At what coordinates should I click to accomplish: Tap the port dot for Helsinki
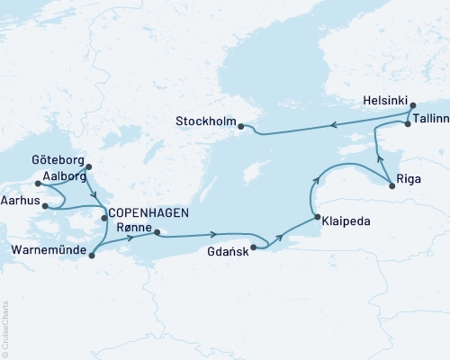(x=413, y=106)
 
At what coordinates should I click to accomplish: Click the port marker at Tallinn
(x=408, y=124)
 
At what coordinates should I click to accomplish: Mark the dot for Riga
(x=391, y=186)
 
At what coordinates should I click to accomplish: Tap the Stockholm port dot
(x=241, y=127)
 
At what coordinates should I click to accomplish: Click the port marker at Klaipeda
(x=317, y=218)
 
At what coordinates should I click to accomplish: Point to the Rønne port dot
(x=157, y=232)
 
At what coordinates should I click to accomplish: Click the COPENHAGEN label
(x=150, y=213)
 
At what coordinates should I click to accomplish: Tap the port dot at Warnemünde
(x=92, y=256)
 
